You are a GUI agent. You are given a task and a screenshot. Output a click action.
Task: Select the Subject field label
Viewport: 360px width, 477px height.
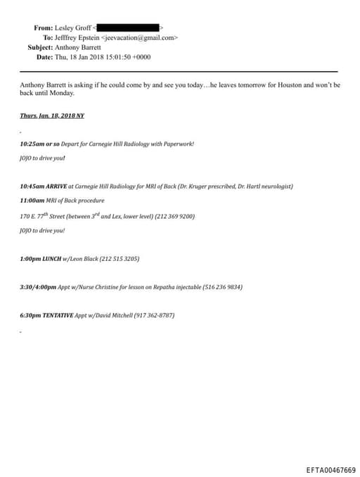point(40,47)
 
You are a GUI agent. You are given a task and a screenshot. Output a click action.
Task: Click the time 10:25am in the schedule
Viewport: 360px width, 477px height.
point(32,144)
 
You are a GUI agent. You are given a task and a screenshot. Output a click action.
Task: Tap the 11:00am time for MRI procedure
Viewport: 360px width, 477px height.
point(32,201)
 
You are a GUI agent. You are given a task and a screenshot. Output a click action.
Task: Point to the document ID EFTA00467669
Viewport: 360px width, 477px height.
point(330,470)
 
